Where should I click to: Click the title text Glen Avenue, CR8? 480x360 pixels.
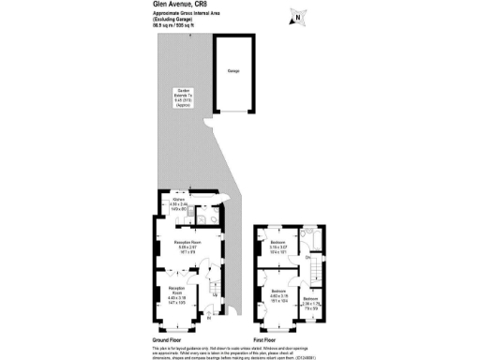[177, 5]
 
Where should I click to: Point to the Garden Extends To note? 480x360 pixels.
[184, 97]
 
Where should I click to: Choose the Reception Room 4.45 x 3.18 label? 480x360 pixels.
[177, 292]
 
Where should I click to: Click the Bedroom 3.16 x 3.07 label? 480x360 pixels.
[278, 248]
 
